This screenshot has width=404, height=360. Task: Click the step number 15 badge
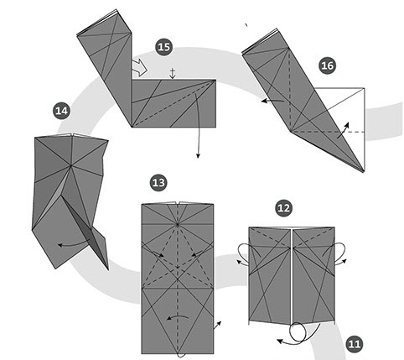[x=163, y=47]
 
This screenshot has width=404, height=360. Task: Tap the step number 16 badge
[x=327, y=65]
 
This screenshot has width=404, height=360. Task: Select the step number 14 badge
[x=61, y=111]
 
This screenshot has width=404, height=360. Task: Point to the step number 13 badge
[x=158, y=183]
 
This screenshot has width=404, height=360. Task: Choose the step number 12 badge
[x=283, y=208]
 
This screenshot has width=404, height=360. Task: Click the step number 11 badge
[x=355, y=344]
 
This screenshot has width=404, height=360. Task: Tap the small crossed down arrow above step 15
[x=173, y=73]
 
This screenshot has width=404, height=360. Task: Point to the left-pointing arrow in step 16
[x=272, y=101]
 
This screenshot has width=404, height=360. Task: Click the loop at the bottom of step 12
[x=298, y=333]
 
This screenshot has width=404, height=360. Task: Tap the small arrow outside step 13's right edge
[x=217, y=325]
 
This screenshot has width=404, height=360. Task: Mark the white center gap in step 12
[x=292, y=275]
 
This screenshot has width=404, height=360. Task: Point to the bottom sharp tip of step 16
[x=364, y=172]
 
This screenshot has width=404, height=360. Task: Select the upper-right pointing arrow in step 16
[x=343, y=130]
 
